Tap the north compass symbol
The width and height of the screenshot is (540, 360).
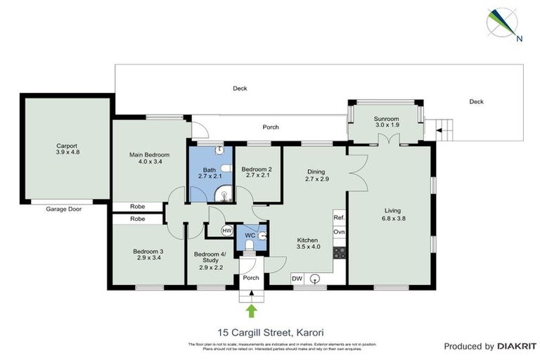(x=505, y=24)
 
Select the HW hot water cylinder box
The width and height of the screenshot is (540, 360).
(x=227, y=231)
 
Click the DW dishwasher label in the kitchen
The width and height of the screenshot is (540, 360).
(x=297, y=279)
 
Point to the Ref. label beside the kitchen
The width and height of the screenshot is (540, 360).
(x=339, y=219)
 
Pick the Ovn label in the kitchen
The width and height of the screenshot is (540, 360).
(x=339, y=233)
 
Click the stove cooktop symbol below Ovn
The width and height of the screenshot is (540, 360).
(x=339, y=252)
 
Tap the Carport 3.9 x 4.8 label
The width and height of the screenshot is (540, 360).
(x=67, y=151)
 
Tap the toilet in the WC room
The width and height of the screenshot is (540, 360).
(x=251, y=243)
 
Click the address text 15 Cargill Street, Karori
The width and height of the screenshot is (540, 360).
(x=270, y=332)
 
